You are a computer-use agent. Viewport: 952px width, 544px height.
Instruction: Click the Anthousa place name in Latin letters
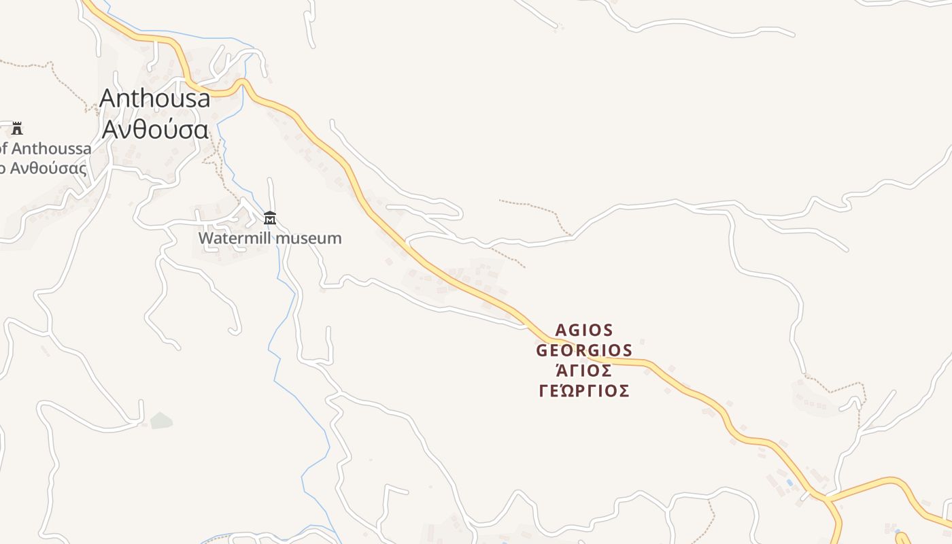click(x=155, y=99)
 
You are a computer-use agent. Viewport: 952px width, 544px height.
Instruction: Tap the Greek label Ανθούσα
click(x=155, y=129)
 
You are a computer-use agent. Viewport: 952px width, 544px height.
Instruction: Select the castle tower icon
click(x=17, y=128)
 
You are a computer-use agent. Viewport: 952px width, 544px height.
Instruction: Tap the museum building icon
click(x=270, y=218)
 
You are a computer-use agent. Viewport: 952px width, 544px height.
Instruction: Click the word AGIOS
click(x=584, y=330)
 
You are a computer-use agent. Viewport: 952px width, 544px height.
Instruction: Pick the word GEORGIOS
click(x=584, y=351)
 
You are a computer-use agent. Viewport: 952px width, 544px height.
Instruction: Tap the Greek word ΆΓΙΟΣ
click(x=584, y=371)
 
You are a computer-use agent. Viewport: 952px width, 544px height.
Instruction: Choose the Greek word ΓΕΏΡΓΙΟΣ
click(x=584, y=392)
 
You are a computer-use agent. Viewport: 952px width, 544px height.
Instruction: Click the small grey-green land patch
click(x=161, y=420)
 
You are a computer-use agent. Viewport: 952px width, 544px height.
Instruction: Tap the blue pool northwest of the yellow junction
click(x=789, y=483)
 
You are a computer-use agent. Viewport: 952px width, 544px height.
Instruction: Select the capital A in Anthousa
click(x=107, y=99)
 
